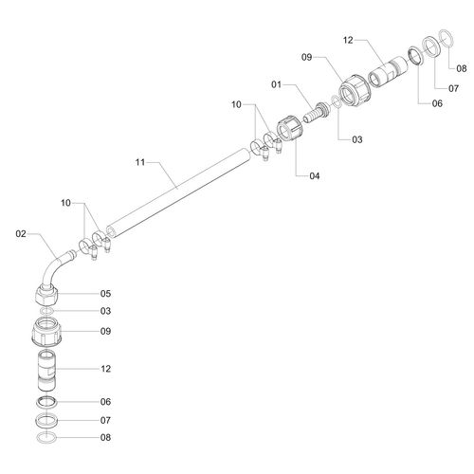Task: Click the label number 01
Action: tap(276, 84)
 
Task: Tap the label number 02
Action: tap(21, 234)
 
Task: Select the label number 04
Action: tap(315, 175)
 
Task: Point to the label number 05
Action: tap(105, 294)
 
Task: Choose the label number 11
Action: tap(140, 162)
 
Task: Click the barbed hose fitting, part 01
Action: tap(316, 112)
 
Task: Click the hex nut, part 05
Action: tap(46, 295)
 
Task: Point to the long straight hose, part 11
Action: tap(178, 192)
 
